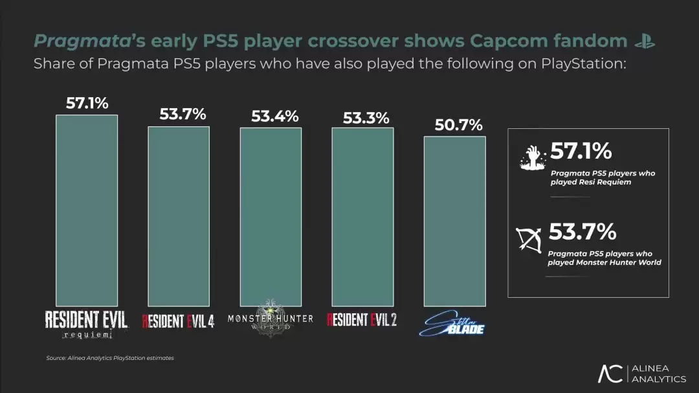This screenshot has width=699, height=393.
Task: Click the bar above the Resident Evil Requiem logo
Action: tap(87, 210)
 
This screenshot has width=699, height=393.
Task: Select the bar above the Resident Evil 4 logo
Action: tap(179, 216)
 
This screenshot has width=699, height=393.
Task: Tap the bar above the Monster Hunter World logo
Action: tap(271, 216)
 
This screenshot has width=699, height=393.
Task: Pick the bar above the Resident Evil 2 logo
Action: tap(362, 216)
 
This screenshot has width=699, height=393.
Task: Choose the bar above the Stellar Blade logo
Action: tap(454, 220)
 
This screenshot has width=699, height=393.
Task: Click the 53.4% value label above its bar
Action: tap(275, 117)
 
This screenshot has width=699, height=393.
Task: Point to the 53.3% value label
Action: tap(366, 118)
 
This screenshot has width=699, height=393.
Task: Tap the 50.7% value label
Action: tap(458, 125)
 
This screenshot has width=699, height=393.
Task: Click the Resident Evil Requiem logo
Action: tap(86, 324)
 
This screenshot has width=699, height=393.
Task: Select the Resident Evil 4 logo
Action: tap(178, 320)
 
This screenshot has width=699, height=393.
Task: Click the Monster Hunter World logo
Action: tap(271, 319)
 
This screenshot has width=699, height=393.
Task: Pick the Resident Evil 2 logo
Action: tap(362, 320)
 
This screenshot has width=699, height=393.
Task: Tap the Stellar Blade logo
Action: tap(454, 324)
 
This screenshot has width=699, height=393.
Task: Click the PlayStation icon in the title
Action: tap(645, 42)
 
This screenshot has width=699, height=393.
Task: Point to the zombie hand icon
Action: tap(533, 158)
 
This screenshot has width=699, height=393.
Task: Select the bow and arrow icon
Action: tap(529, 239)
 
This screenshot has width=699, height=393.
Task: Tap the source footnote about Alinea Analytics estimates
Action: tap(110, 358)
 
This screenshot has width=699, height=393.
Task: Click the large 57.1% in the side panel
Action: tap(581, 152)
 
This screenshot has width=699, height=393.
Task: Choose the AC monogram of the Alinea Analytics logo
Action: tap(610, 374)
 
